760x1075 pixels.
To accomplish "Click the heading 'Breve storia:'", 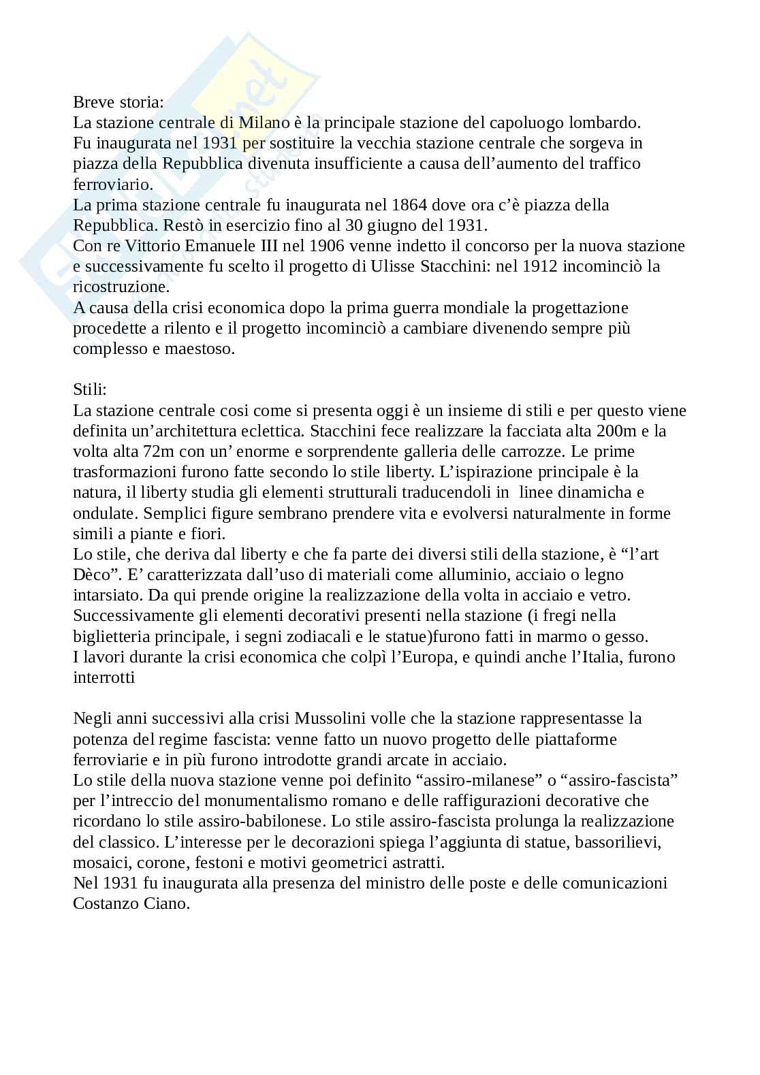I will click(x=118, y=102).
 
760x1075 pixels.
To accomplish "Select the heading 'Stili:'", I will click(x=90, y=390).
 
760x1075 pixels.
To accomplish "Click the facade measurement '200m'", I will click(x=618, y=431).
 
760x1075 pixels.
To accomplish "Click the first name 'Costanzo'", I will click(x=103, y=903).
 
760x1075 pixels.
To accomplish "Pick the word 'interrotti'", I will click(x=104, y=677).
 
